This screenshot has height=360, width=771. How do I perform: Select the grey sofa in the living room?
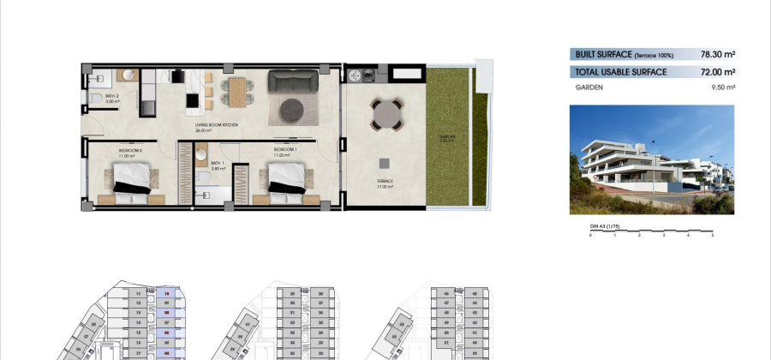[294, 81]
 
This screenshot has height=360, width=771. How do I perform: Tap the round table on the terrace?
[387, 113]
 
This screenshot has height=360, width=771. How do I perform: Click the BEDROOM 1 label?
[285, 149]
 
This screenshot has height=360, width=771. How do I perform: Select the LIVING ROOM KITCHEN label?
[216, 127]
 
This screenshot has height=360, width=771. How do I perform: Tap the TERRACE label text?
[385, 181]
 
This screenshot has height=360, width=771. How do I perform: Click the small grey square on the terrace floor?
[385, 163]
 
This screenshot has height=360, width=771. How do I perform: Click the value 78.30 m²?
[716, 54]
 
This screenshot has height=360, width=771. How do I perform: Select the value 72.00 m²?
[716, 73]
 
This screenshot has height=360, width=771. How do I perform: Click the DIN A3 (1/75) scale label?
[604, 225]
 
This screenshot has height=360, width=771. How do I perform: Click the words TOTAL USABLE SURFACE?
[621, 73]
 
